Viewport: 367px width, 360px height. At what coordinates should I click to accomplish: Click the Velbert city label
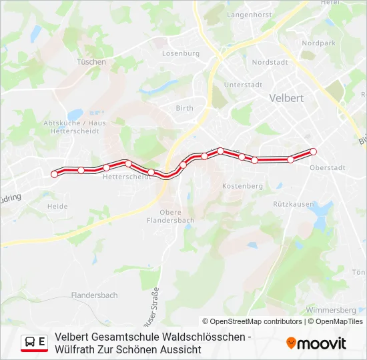pyautogui.click(x=286, y=97)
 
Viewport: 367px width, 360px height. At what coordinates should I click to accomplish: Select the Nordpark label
pyautogui.click(x=318, y=43)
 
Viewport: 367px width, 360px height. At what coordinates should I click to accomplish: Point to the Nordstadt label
pyautogui.click(x=270, y=62)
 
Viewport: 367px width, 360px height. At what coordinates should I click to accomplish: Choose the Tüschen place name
pyautogui.click(x=91, y=62)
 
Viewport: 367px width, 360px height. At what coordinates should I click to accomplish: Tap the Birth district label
pyautogui.click(x=184, y=108)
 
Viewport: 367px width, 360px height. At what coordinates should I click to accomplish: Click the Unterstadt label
pyautogui.click(x=243, y=85)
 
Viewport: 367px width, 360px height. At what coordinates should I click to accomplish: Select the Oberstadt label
pyautogui.click(x=327, y=168)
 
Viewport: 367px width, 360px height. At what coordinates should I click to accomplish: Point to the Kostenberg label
pyautogui.click(x=242, y=186)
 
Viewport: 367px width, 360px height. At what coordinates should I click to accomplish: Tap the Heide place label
pyautogui.click(x=57, y=207)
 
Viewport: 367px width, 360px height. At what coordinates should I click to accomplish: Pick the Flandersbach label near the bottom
pyautogui.click(x=94, y=295)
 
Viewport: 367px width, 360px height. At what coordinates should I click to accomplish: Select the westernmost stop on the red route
pyautogui.click(x=55, y=174)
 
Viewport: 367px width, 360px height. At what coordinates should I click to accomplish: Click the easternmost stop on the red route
pyautogui.click(x=313, y=151)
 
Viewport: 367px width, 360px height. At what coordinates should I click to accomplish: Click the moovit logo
pyautogui.click(x=316, y=343)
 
